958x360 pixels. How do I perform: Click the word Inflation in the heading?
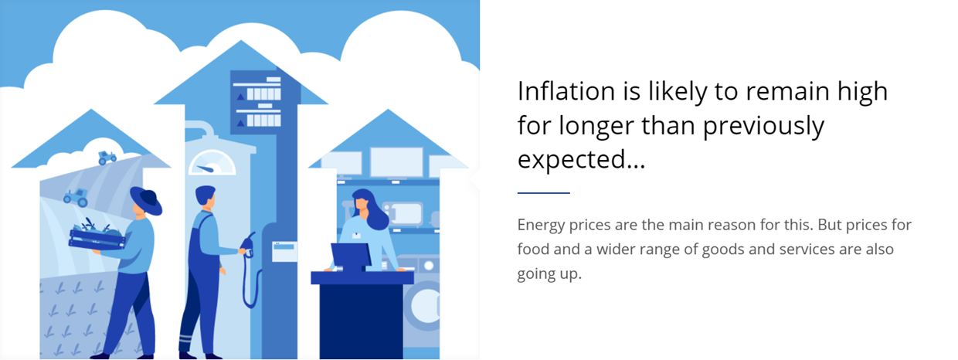coord(566,91)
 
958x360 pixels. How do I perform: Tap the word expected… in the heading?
coord(581,160)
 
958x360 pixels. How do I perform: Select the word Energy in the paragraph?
coord(541,226)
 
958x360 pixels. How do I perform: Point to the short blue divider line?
coord(544,193)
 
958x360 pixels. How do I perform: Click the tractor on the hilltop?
coord(107,158)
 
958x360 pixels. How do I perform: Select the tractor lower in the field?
coord(76,198)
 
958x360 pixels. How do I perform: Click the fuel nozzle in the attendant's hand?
coord(247,246)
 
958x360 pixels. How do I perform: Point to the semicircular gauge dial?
coord(212,163)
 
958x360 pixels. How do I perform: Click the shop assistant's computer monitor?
coord(351,256)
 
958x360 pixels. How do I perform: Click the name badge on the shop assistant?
coord(356,236)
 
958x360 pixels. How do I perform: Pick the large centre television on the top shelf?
coord(396,162)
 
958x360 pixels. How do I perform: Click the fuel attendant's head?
coord(206,197)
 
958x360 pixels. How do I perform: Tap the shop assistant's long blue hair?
coord(373,209)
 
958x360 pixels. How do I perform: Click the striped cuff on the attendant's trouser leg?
coord(185,341)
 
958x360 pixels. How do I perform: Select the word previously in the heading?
coord(763,126)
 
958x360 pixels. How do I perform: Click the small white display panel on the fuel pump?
coord(284,252)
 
